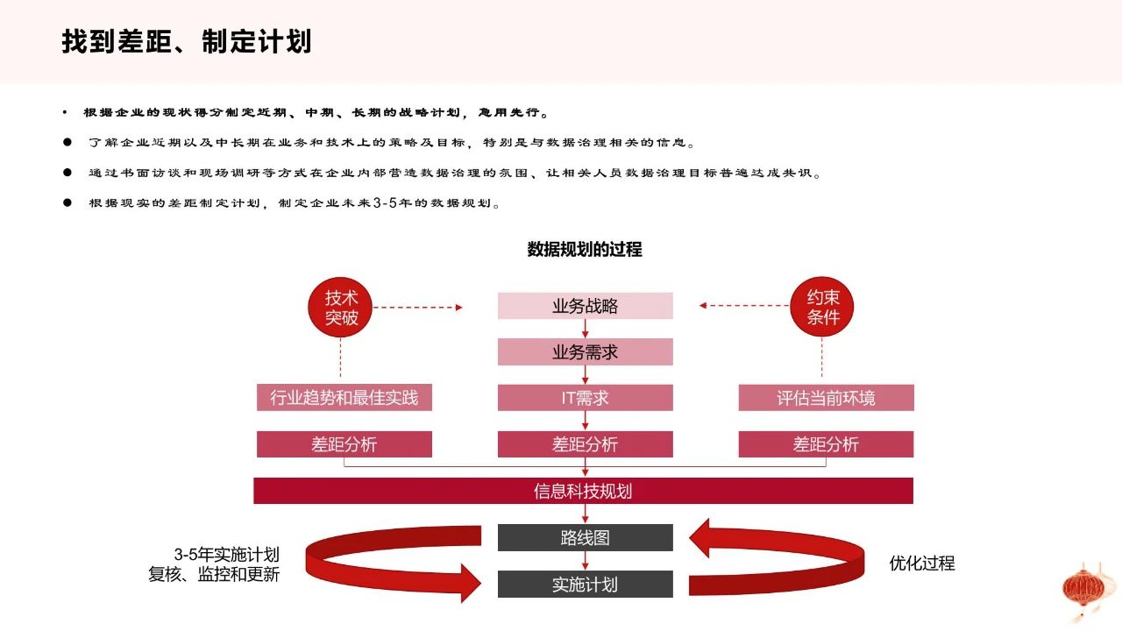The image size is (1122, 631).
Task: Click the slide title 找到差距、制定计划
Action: point(187,41)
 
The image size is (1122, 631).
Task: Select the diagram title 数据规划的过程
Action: point(585,249)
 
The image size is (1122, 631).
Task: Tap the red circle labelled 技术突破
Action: point(341,308)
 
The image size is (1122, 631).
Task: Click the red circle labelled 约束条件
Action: point(822,307)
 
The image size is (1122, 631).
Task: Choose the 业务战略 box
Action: point(585,306)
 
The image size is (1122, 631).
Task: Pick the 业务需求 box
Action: point(585,352)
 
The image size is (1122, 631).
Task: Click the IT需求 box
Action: point(585,398)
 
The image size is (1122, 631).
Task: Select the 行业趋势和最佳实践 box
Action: point(344,398)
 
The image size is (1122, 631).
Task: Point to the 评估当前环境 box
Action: point(826,398)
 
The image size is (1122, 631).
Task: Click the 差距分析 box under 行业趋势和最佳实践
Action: point(344,444)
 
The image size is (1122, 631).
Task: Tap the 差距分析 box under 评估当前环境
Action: point(826,444)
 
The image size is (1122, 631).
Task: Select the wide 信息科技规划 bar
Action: point(583,491)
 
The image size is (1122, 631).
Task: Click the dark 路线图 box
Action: point(585,538)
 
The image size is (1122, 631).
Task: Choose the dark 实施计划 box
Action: point(585,584)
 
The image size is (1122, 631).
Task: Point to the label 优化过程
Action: point(921,564)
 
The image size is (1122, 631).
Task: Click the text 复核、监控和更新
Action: point(214,574)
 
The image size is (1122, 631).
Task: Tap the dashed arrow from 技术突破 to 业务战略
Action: point(418,308)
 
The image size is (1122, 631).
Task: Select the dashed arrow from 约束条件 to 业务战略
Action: point(744,306)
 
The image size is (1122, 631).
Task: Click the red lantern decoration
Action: point(1084,591)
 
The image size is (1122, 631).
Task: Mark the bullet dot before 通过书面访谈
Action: point(67,173)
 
